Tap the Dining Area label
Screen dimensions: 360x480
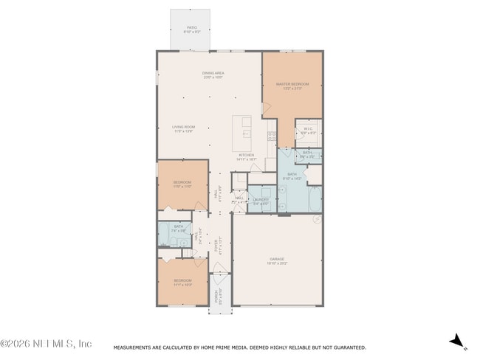coord(213,73)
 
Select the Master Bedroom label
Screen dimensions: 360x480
coord(292,84)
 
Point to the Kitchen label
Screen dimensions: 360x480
coord(245,155)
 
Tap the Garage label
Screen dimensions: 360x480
coord(277,259)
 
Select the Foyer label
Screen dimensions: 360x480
coord(216,246)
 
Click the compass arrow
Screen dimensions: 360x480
coord(457,341)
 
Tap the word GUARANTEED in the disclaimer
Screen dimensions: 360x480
coord(349,347)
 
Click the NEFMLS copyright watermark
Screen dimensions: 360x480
coord(46,344)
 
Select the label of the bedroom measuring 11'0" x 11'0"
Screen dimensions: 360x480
coord(182,184)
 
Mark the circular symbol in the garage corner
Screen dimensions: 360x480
coord(316,219)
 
